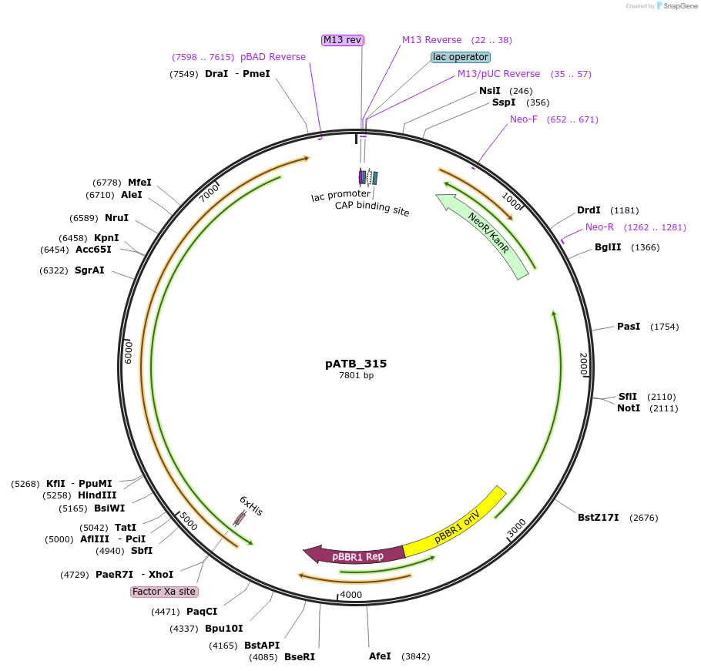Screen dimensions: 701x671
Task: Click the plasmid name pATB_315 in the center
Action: pyautogui.click(x=356, y=364)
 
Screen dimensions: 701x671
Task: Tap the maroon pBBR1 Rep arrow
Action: pyautogui.click(x=355, y=555)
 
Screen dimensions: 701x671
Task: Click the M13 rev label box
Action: pyautogui.click(x=343, y=40)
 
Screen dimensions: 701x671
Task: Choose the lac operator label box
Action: pyautogui.click(x=461, y=57)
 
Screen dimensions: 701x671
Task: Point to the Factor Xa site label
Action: pyautogui.click(x=164, y=592)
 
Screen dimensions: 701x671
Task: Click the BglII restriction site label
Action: pyautogui.click(x=608, y=247)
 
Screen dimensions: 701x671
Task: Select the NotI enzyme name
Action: pyautogui.click(x=629, y=408)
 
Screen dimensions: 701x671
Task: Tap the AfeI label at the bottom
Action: pyautogui.click(x=380, y=656)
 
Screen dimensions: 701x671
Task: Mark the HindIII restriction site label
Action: pyautogui.click(x=97, y=495)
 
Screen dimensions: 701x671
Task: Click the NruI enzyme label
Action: pyautogui.click(x=116, y=218)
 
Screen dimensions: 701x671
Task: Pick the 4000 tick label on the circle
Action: pyautogui.click(x=351, y=595)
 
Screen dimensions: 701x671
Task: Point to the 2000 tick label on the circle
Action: pyautogui.click(x=584, y=364)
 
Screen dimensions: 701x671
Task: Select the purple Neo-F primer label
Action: pyautogui.click(x=524, y=119)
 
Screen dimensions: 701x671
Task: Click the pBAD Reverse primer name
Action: pyautogui.click(x=273, y=57)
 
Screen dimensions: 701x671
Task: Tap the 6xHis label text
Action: pyautogui.click(x=251, y=505)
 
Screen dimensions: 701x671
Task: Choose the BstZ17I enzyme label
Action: pyautogui.click(x=599, y=518)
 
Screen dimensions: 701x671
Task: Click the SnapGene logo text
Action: pyautogui.click(x=680, y=6)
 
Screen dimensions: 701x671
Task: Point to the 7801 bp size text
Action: pyautogui.click(x=357, y=375)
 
